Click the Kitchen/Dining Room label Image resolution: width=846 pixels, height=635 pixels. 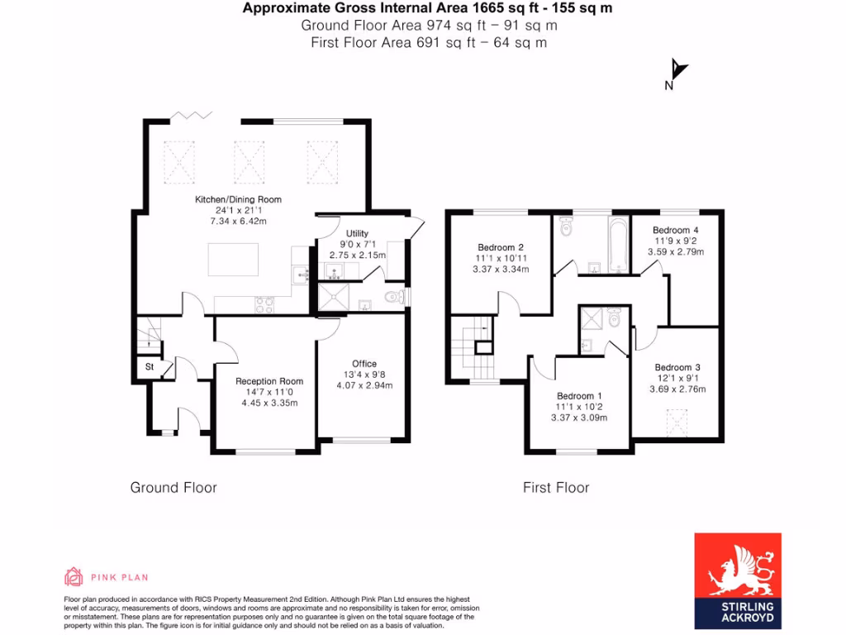pyautogui.click(x=238, y=199)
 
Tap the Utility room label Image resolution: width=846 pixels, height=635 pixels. pyautogui.click(x=357, y=234)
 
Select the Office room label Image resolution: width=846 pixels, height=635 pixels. pyautogui.click(x=364, y=364)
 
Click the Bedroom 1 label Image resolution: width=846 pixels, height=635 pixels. pyautogui.click(x=578, y=396)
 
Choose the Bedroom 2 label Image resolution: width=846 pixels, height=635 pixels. pyautogui.click(x=501, y=247)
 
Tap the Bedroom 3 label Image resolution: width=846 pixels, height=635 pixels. pyautogui.click(x=677, y=368)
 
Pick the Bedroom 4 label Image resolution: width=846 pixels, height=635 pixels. pyautogui.click(x=675, y=230)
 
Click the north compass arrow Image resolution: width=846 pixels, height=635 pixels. pyautogui.click(x=677, y=71)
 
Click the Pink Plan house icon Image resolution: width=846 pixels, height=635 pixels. pyautogui.click(x=74, y=576)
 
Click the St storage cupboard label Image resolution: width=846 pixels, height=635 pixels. pyautogui.click(x=150, y=366)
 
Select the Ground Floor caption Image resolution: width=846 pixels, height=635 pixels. pyautogui.click(x=173, y=488)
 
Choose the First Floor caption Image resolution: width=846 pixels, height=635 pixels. pyautogui.click(x=556, y=488)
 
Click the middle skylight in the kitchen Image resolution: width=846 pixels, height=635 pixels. pyautogui.click(x=249, y=161)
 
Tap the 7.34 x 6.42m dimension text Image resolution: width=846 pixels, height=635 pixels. pyautogui.click(x=238, y=222)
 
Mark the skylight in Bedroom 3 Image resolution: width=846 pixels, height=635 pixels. pyautogui.click(x=677, y=424)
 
